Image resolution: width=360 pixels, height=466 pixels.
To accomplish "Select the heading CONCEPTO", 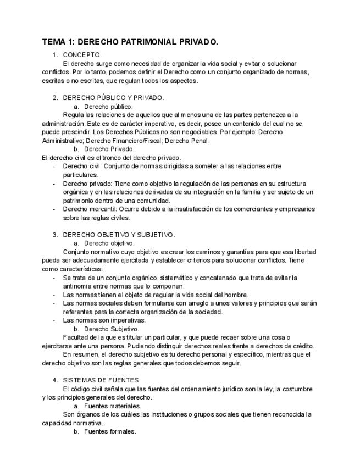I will coord(82,55).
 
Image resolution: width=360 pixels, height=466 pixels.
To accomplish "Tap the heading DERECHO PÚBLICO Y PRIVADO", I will coord(113,98).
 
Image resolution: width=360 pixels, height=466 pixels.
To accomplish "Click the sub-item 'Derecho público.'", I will coord(108,106).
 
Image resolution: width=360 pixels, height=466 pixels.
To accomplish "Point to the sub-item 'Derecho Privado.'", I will coord(109,149).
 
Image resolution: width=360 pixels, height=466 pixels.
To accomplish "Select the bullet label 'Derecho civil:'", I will coord(82,166).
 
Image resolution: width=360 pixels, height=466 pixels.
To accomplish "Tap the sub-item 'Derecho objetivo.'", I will coord(109,243).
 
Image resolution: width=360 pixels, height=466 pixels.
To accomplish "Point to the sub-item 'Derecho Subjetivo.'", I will coord(112,329).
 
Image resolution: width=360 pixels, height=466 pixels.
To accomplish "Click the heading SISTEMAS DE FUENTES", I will coord(102,380).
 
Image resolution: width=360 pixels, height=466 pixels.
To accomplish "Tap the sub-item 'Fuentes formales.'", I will coord(110,431).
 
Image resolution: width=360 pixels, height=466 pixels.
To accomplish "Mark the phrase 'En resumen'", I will coord(81,354).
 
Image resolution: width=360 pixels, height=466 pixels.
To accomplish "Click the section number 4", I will coord(55,380).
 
